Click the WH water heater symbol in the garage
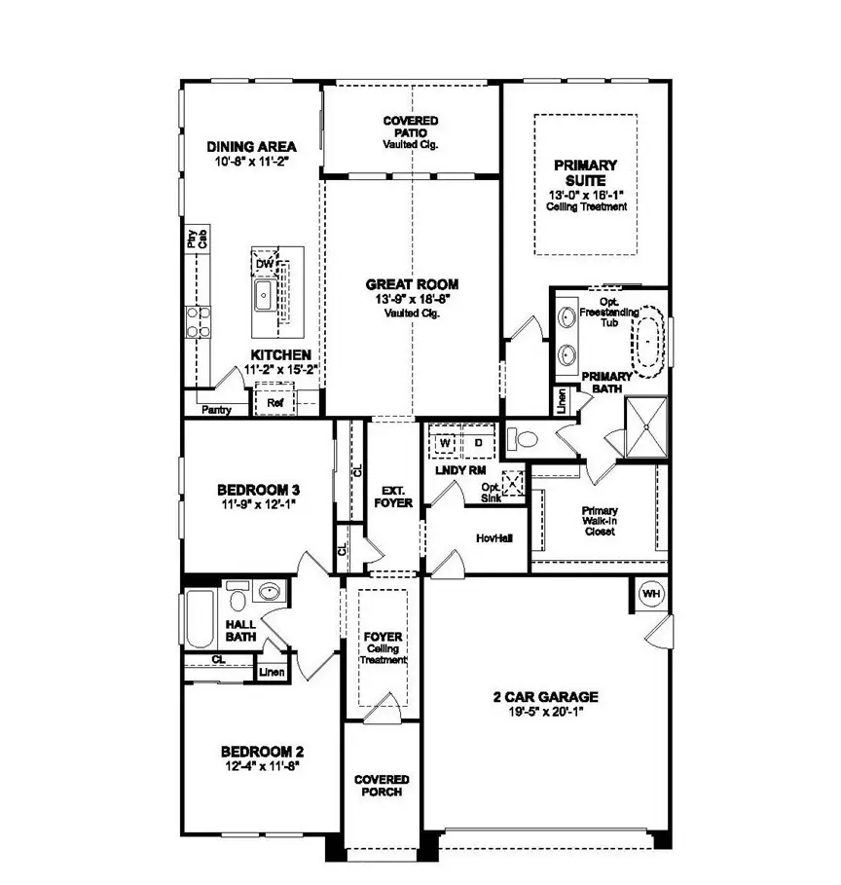tap(650, 594)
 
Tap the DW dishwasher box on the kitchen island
tap(263, 265)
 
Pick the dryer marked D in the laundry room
tap(478, 443)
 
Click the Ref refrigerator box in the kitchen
tap(274, 401)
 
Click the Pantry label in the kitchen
tap(216, 411)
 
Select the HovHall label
tap(488, 536)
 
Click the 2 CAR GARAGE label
tap(544, 697)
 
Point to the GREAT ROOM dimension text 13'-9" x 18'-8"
tap(412, 299)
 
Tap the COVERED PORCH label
tap(382, 786)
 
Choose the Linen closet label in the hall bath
tap(271, 672)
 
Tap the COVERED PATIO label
tap(411, 127)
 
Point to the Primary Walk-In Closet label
tap(600, 525)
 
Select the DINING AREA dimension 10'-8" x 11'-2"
tap(253, 162)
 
